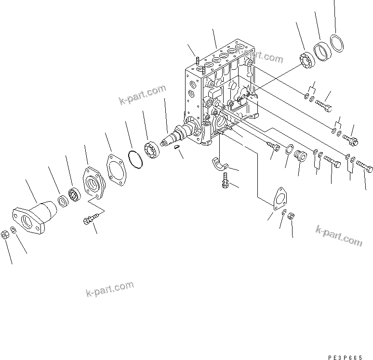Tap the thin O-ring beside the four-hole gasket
pyautogui.click(x=135, y=158)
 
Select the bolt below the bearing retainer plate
pyautogui.click(x=90, y=219)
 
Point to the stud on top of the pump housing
pyautogui.click(x=198, y=61)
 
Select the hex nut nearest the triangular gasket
pyautogui.click(x=291, y=217)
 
